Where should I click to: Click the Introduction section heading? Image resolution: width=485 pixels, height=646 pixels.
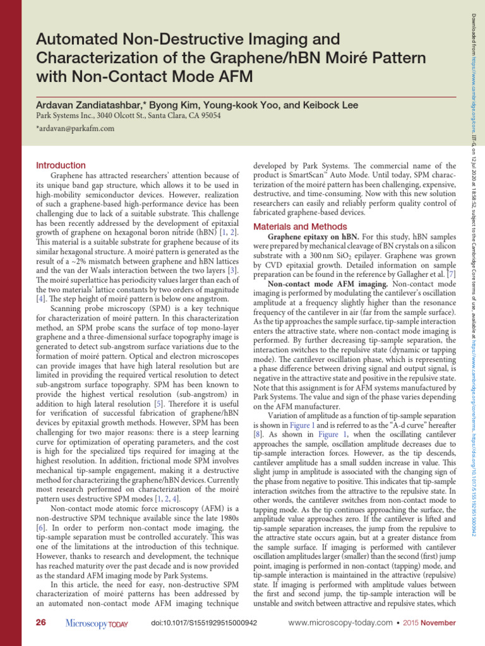click(61, 165)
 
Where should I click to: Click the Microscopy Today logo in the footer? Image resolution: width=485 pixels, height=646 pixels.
click(97, 623)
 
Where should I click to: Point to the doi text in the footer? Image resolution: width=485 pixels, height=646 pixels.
click(204, 623)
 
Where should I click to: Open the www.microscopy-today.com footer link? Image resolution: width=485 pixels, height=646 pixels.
click(340, 623)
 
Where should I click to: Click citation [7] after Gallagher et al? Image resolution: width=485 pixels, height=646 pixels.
click(451, 275)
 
